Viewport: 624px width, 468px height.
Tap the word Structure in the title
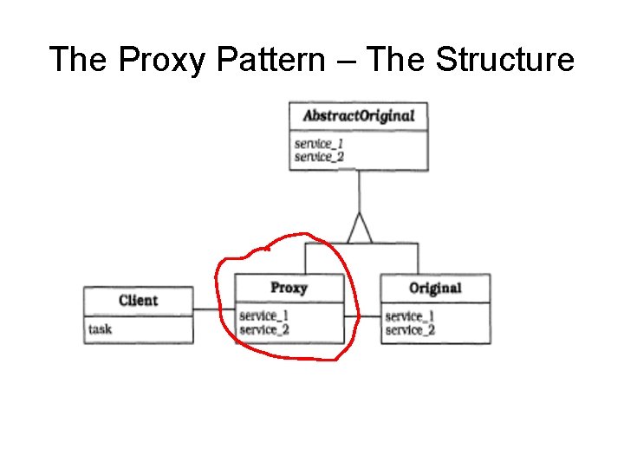(x=504, y=61)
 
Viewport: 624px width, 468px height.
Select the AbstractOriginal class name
(x=358, y=116)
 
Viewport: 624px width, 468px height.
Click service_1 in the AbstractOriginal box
(x=319, y=143)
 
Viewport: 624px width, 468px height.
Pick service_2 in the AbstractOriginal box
(x=319, y=157)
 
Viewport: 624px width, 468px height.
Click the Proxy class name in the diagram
(x=289, y=288)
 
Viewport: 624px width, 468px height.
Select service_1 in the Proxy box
(x=263, y=315)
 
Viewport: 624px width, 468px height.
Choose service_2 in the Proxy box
(x=263, y=329)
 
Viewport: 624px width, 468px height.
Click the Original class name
(x=435, y=289)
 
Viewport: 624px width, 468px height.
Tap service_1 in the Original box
(x=410, y=315)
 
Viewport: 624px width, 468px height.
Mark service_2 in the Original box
(x=410, y=329)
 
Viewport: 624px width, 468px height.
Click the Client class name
(x=139, y=301)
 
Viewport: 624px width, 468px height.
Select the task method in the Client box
(x=101, y=329)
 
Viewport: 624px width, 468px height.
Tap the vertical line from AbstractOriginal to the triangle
(x=359, y=191)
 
